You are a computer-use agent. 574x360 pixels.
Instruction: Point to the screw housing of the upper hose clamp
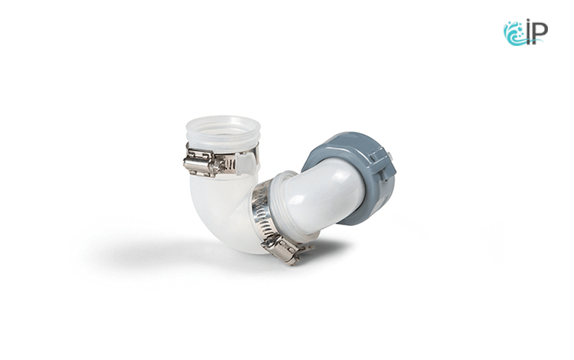coord(200,164)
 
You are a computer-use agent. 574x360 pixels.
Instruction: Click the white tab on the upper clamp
coord(246,163)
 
